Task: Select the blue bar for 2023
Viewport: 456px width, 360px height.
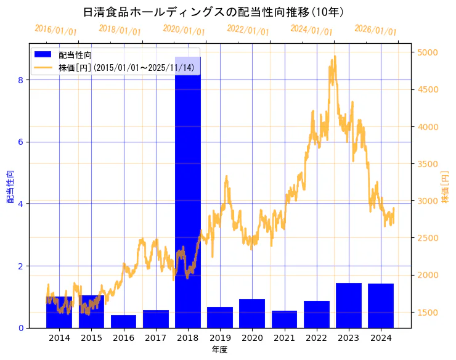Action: click(x=349, y=305)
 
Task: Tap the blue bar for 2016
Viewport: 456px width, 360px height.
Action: click(x=124, y=321)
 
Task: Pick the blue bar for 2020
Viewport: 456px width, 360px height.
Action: click(x=252, y=313)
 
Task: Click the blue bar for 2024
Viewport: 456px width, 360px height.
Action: click(x=381, y=306)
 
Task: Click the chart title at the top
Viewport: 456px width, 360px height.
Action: click(x=213, y=12)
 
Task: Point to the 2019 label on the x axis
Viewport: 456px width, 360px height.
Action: click(x=220, y=338)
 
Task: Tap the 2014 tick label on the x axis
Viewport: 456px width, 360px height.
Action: click(x=59, y=338)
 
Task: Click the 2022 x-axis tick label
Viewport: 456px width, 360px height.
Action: click(x=316, y=338)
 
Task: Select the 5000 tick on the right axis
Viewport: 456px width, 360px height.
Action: click(x=428, y=52)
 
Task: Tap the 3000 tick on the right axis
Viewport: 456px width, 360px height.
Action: click(x=428, y=201)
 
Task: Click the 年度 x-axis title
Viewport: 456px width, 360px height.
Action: click(x=220, y=350)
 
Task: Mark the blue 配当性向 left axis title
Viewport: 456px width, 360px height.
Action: click(x=10, y=186)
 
